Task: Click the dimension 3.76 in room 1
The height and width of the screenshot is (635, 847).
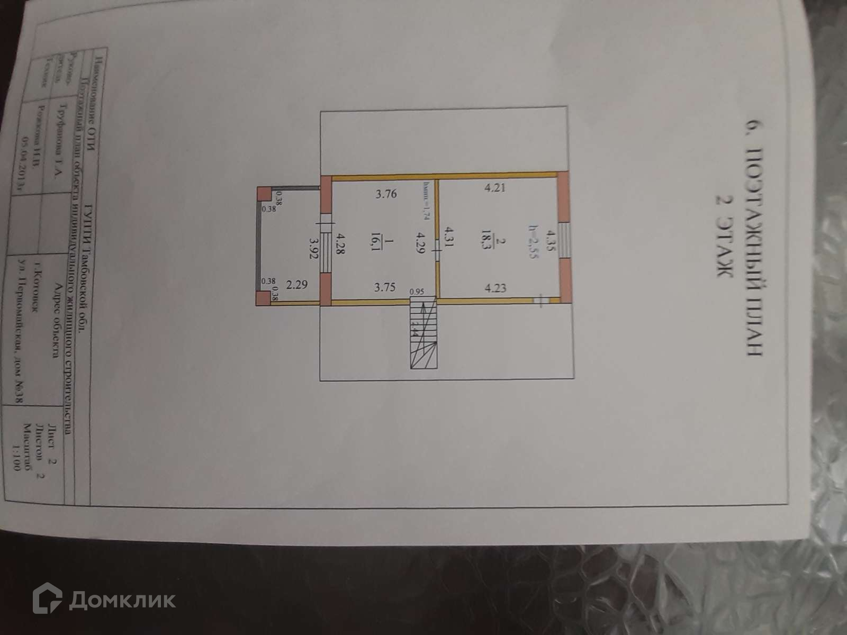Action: [386, 194]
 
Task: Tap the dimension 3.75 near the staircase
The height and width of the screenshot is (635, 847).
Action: [385, 288]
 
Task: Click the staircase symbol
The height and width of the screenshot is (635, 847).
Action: [425, 333]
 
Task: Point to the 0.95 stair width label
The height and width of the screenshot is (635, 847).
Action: [417, 291]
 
